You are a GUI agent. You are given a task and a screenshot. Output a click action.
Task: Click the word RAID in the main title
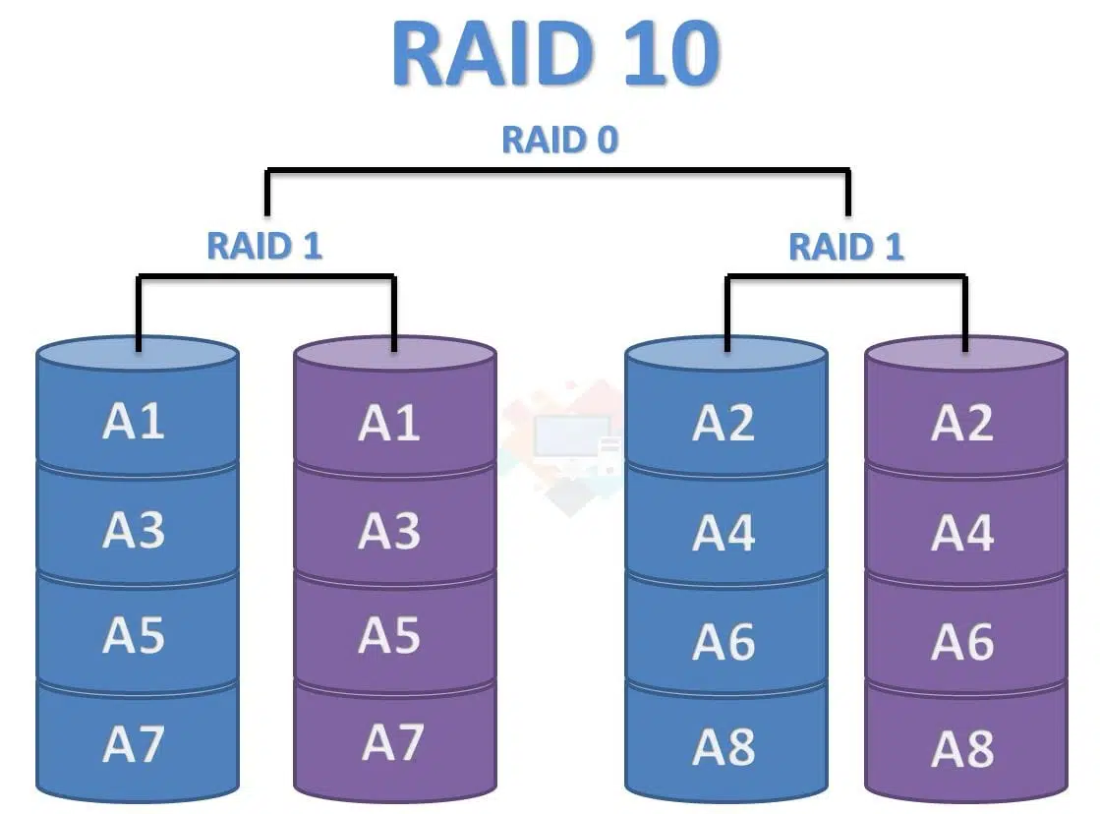coord(493,54)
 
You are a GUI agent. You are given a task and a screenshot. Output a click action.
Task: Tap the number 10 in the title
coord(671,54)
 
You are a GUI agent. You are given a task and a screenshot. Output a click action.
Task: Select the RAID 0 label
coord(559,140)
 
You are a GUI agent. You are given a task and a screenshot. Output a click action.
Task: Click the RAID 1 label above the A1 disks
coord(264,246)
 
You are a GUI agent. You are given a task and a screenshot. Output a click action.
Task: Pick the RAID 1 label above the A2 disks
coord(846,247)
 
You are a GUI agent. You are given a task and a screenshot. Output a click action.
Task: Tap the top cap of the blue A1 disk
coord(138,354)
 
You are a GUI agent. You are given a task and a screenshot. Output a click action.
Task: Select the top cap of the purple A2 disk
coord(966,354)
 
